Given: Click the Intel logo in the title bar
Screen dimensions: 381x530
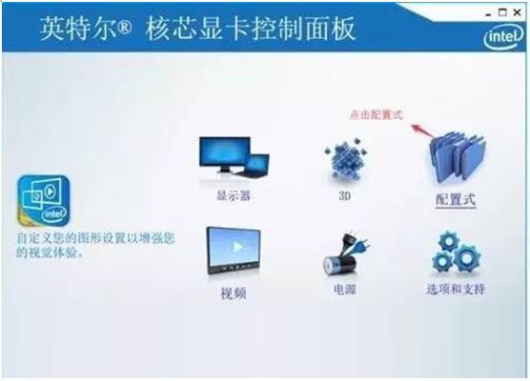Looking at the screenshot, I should click(501, 35).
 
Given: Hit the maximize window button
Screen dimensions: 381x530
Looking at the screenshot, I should click(504, 10).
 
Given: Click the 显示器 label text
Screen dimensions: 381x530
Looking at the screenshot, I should click(233, 196).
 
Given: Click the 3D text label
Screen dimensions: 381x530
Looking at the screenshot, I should click(345, 195).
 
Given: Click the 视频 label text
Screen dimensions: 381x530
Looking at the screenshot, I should click(234, 293).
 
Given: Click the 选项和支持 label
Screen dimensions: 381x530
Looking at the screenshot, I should click(455, 289).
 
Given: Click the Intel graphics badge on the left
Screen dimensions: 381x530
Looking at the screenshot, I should click(41, 201).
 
